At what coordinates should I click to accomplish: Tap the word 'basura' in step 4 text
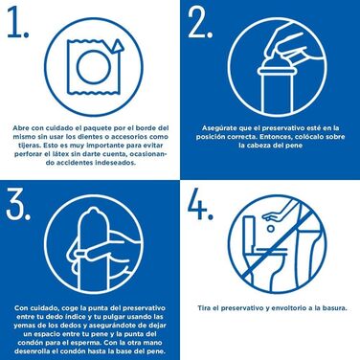click(x=331, y=307)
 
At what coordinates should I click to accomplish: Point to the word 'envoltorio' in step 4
click(x=286, y=307)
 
